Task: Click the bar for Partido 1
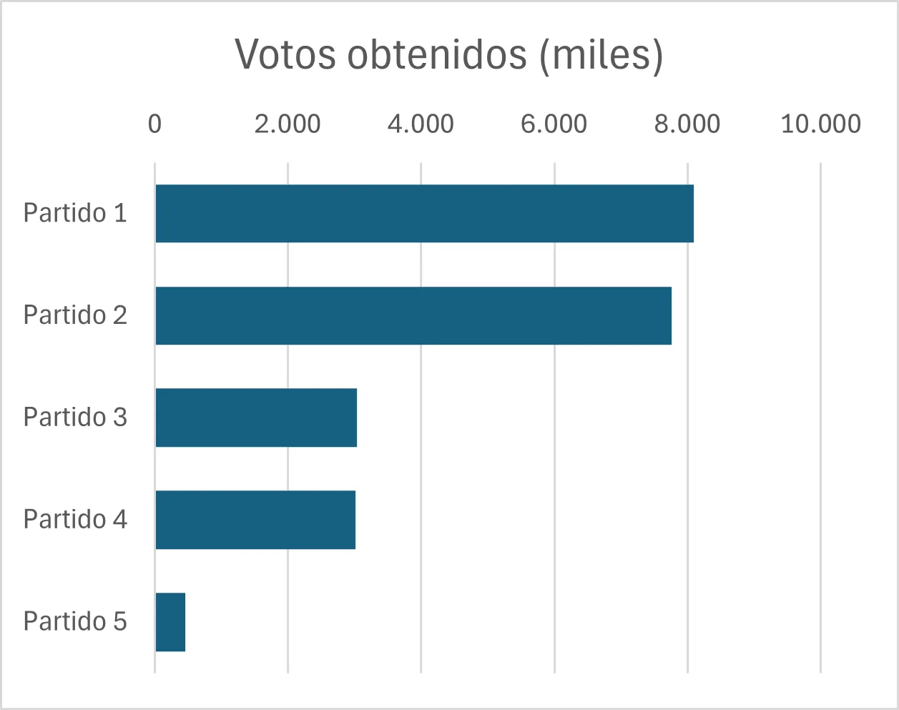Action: click(x=424, y=213)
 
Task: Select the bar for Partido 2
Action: click(x=413, y=315)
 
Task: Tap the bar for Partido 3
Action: click(x=256, y=418)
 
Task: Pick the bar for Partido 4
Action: click(x=255, y=520)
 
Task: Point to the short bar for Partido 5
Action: click(x=170, y=622)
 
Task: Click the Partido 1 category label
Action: click(x=75, y=213)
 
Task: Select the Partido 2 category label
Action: click(x=75, y=315)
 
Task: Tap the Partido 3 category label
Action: click(x=75, y=418)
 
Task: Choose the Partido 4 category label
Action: click(x=75, y=520)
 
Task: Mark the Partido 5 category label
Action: click(x=75, y=622)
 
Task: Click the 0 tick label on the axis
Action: click(x=154, y=124)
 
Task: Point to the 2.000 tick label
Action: click(x=288, y=124)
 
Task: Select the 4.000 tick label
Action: click(x=421, y=124)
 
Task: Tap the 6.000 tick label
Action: click(x=554, y=124)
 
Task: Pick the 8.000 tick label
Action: click(x=687, y=124)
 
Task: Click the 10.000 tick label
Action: click(x=820, y=124)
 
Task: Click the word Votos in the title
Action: click(x=285, y=54)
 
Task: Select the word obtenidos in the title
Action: click(x=437, y=54)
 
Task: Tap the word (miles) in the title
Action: click(x=601, y=54)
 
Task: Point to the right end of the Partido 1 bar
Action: click(x=691, y=213)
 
